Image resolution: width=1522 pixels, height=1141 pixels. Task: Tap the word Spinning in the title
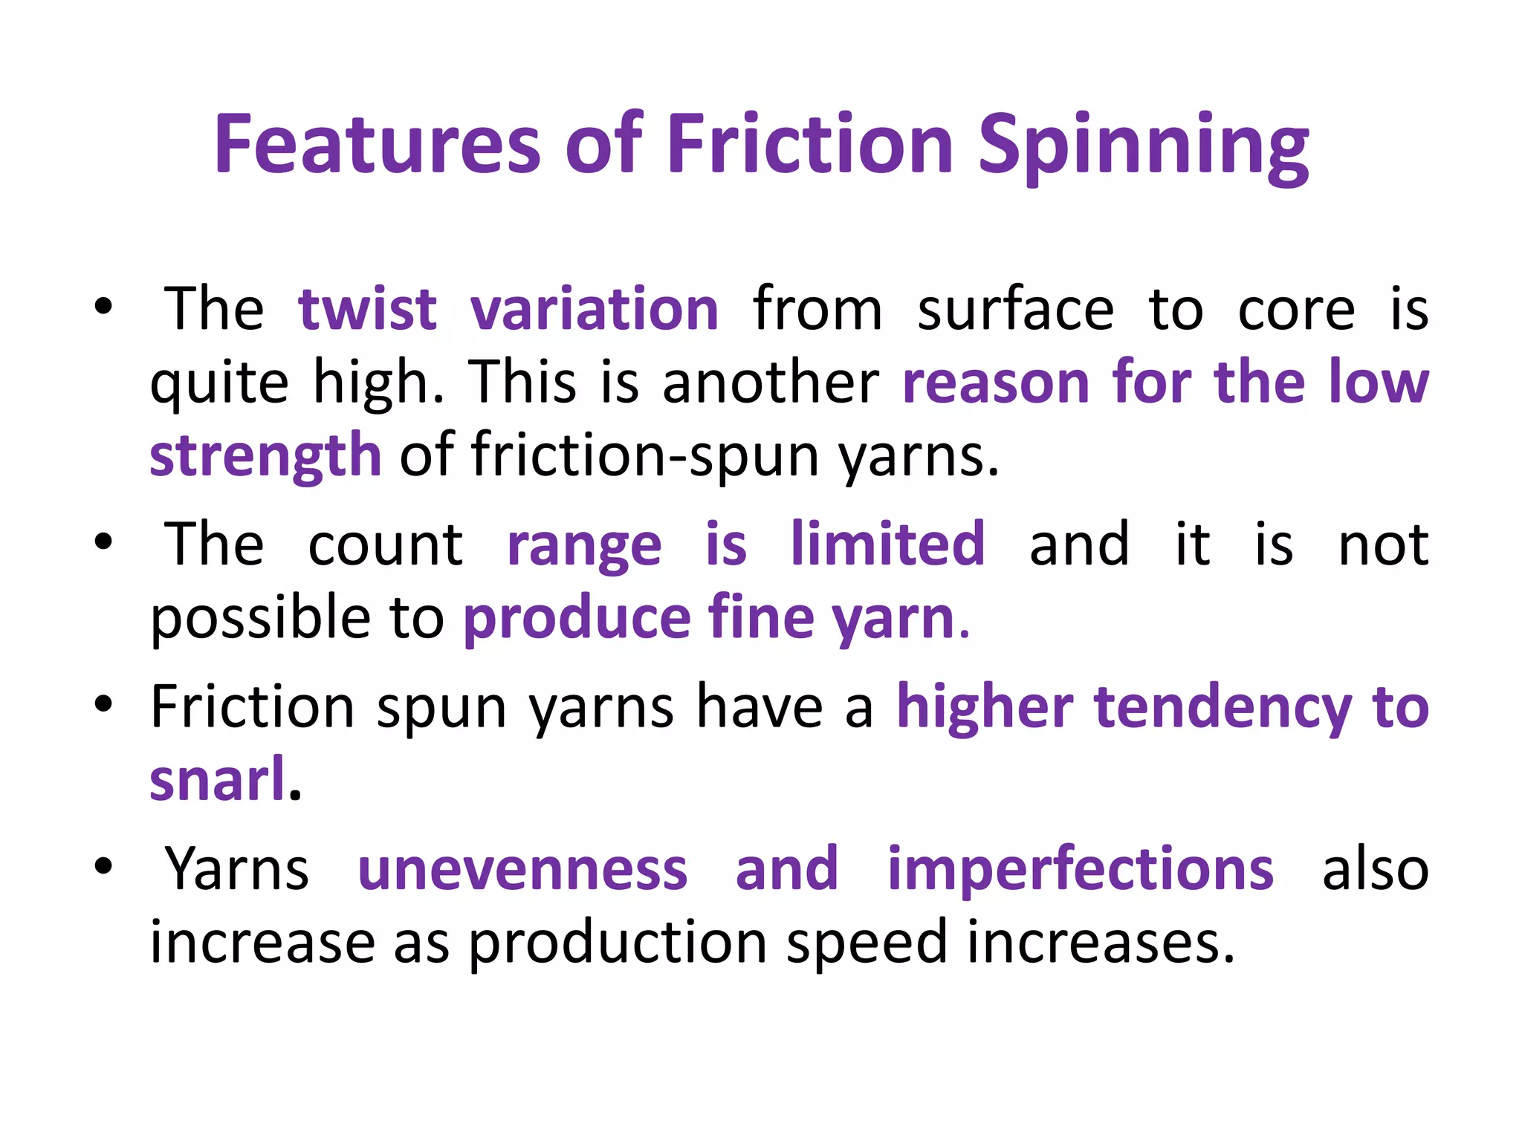tap(1142, 146)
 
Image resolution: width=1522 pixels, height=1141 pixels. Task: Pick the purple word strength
tap(265, 454)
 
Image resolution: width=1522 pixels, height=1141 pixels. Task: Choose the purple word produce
tap(577, 618)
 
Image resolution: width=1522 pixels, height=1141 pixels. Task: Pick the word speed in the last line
tap(866, 942)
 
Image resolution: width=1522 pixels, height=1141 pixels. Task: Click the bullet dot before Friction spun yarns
tap(103, 703)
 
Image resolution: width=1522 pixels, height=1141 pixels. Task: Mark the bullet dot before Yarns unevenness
tap(103, 865)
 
